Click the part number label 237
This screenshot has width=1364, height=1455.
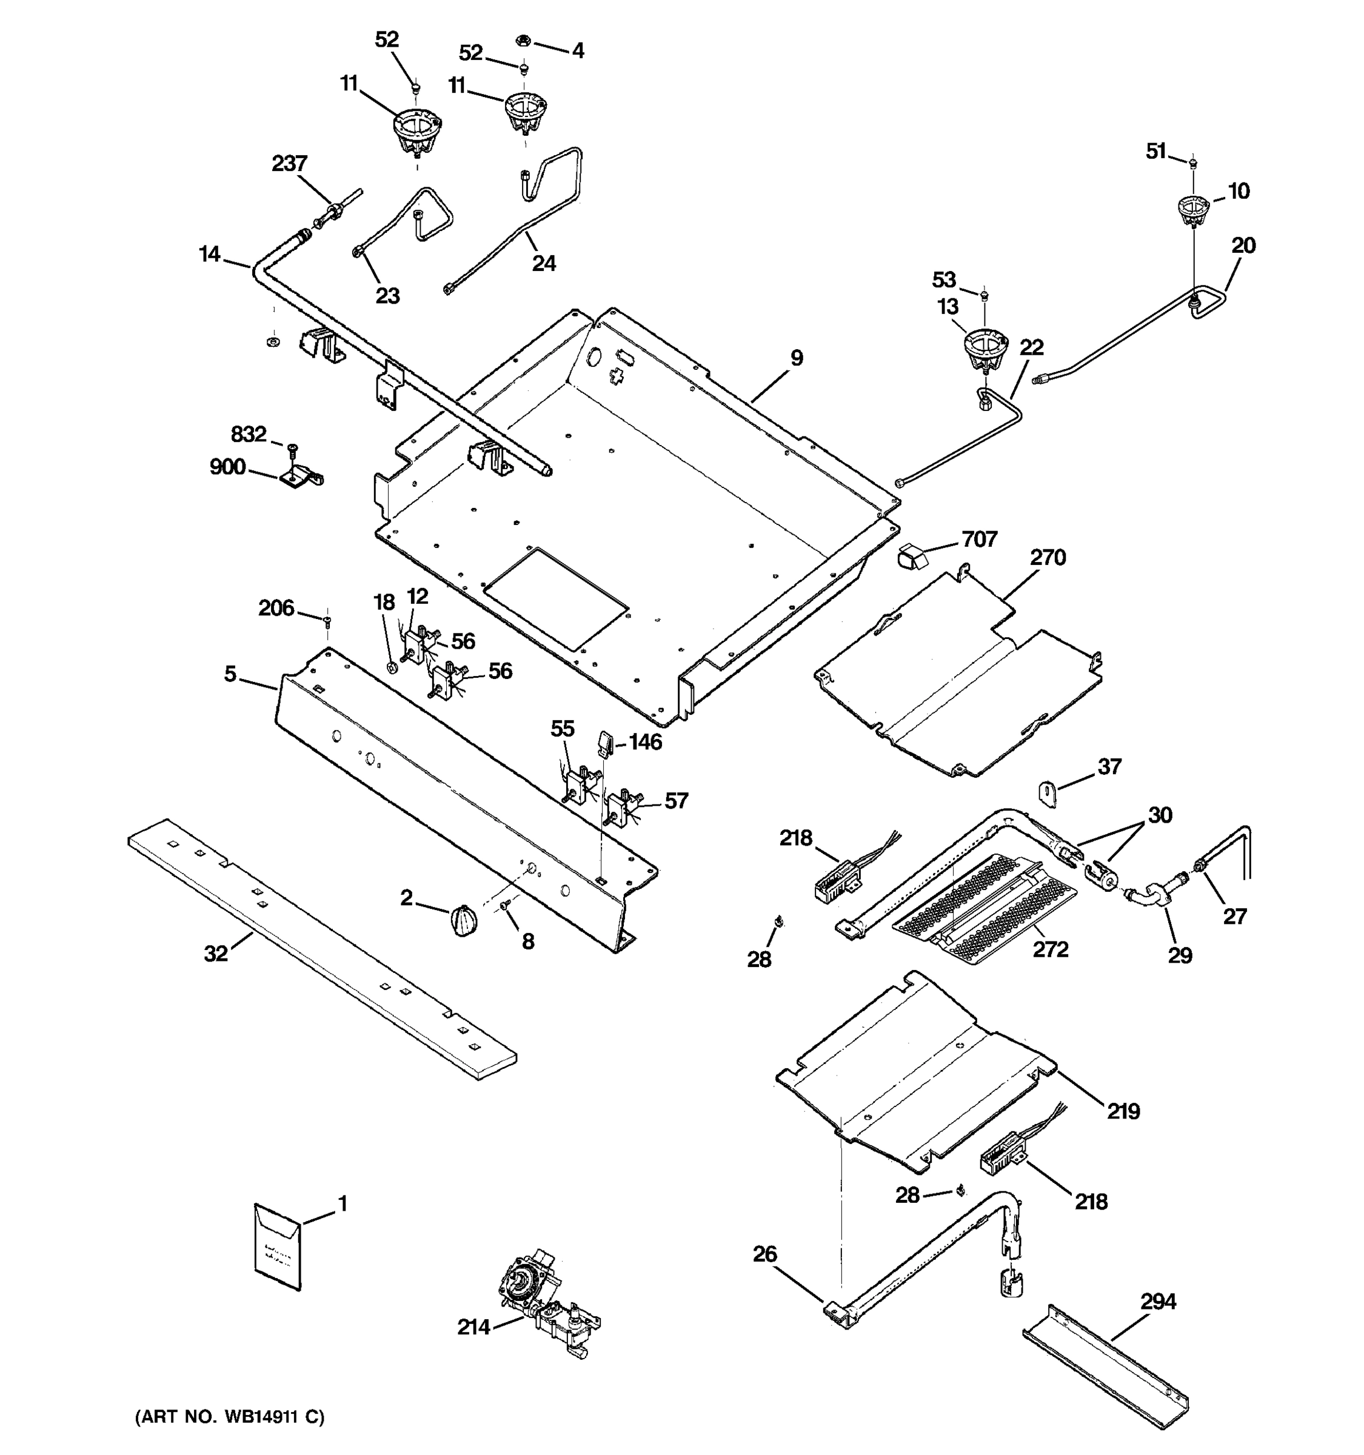pyautogui.click(x=289, y=163)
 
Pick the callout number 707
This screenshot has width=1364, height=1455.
pyautogui.click(x=979, y=540)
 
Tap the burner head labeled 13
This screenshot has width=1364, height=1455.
pyautogui.click(x=985, y=350)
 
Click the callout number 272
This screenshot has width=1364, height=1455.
pyautogui.click(x=1050, y=949)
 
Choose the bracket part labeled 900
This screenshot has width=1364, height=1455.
pyautogui.click(x=300, y=478)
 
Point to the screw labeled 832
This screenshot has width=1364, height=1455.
pyautogui.click(x=293, y=448)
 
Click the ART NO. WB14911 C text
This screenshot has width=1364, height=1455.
pyautogui.click(x=229, y=1417)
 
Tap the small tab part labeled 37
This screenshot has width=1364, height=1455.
pyautogui.click(x=1049, y=794)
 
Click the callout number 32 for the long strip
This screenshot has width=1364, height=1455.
pyautogui.click(x=216, y=954)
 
